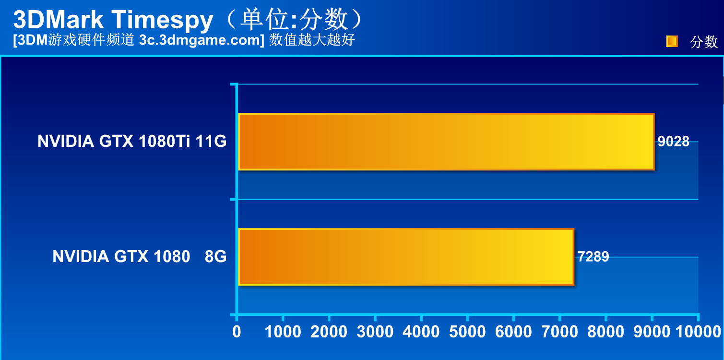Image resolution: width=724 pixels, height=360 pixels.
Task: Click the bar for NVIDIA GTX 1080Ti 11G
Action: [x=446, y=142]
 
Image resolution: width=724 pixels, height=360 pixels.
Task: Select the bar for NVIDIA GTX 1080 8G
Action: [x=406, y=257]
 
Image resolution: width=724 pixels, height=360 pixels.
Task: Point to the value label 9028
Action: [x=674, y=142]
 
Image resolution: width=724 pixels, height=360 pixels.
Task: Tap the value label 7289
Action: [x=593, y=257]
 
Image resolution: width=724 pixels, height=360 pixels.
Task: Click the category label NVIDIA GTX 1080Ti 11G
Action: [x=132, y=142]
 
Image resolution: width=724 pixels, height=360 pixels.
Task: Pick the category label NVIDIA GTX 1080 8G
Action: [x=140, y=257]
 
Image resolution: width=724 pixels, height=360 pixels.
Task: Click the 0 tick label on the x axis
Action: [x=237, y=331]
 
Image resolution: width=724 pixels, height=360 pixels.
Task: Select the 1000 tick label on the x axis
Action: [x=283, y=331]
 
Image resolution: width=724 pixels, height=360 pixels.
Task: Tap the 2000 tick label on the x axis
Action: [x=329, y=331]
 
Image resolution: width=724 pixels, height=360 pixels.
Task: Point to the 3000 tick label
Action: [x=375, y=331]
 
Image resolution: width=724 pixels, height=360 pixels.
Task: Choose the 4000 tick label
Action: [x=421, y=331]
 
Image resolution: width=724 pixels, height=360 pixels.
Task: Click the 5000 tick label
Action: [x=467, y=331]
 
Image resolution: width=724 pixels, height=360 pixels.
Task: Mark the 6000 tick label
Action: [x=513, y=331]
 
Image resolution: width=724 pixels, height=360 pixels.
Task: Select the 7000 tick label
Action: [x=559, y=331]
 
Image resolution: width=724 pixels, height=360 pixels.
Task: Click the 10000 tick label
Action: [x=698, y=331]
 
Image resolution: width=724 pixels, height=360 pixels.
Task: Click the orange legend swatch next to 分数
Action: [x=672, y=42]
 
